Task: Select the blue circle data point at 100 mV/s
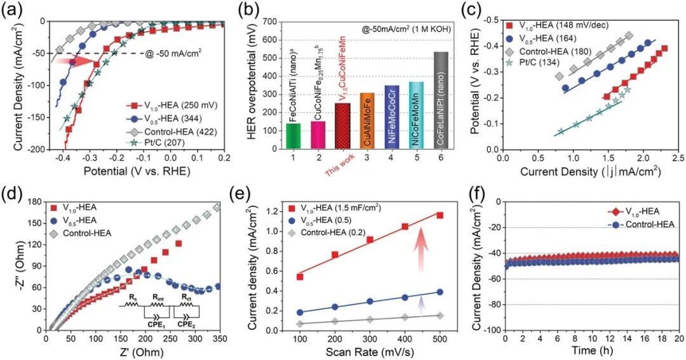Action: [x=300, y=312]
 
